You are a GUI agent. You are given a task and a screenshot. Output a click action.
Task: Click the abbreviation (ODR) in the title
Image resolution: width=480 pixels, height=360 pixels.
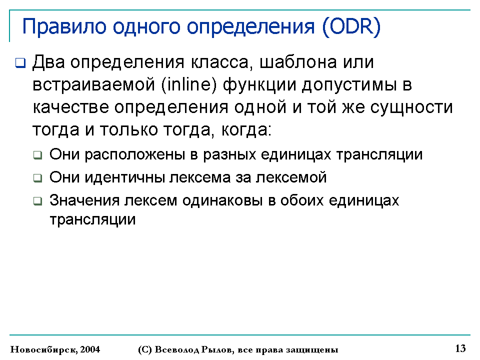pyautogui.click(x=351, y=26)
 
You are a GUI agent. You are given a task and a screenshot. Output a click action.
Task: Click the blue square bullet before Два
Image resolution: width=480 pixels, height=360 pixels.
pyautogui.click(x=20, y=63)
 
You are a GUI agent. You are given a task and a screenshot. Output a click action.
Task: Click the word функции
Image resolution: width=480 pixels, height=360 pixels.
pyautogui.click(x=259, y=85)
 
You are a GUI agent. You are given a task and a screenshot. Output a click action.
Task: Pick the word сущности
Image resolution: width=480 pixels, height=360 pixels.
pyautogui.click(x=411, y=108)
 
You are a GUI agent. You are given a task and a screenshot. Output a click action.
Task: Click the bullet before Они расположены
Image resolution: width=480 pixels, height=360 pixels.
pyautogui.click(x=37, y=155)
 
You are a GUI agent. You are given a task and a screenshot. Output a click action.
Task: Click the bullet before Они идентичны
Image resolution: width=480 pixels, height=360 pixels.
pyautogui.click(x=37, y=178)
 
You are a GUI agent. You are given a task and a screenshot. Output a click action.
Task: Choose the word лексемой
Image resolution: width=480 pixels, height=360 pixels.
pyautogui.click(x=291, y=177)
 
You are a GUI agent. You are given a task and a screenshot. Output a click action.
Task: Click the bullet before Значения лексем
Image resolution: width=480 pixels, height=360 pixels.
pyautogui.click(x=37, y=201)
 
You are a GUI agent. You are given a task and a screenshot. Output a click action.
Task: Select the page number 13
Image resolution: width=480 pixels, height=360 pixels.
pyautogui.click(x=460, y=348)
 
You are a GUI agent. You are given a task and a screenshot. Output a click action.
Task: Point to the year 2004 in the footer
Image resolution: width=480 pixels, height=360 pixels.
pyautogui.click(x=90, y=349)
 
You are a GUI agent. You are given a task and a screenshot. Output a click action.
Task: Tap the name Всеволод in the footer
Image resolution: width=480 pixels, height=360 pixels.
pyautogui.click(x=176, y=350)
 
